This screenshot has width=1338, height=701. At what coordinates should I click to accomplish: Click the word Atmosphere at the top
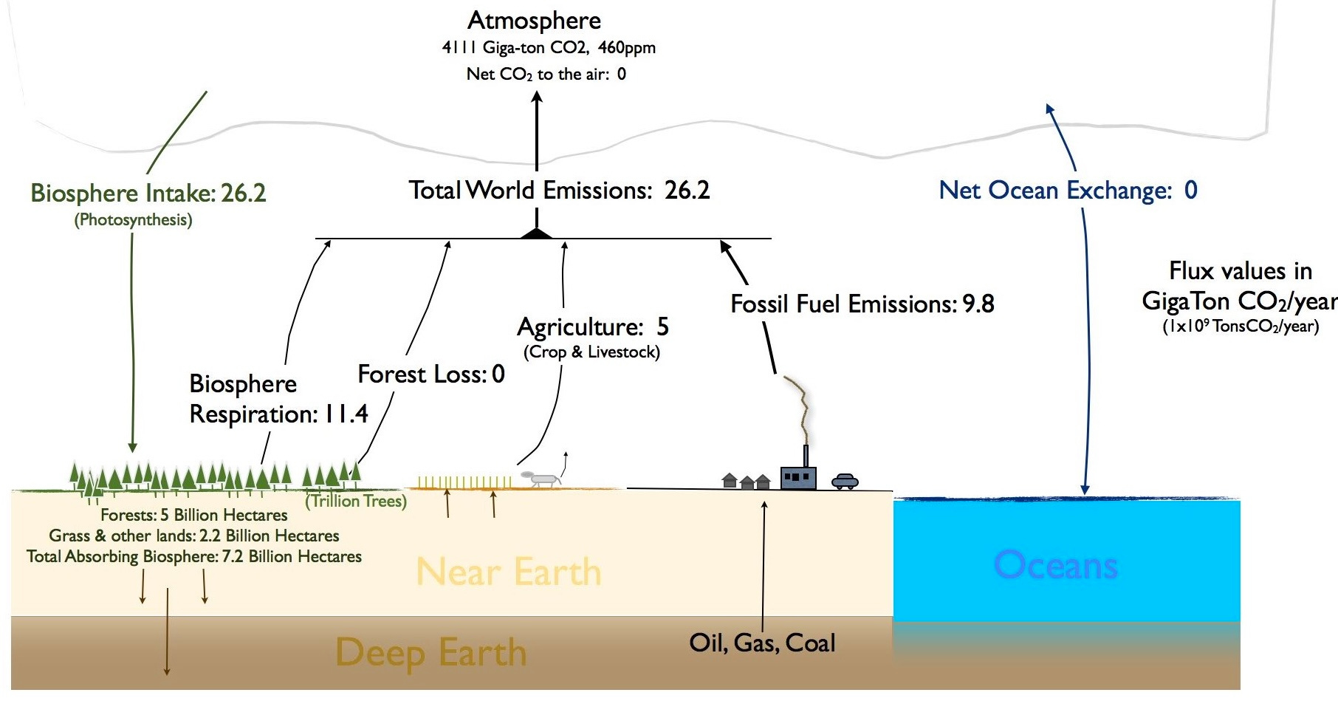tap(535, 21)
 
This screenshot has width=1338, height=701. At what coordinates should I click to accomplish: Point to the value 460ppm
tap(627, 48)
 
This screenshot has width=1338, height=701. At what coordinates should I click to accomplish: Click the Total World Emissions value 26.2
tap(687, 191)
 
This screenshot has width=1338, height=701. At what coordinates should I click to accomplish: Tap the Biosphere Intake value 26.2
tap(243, 194)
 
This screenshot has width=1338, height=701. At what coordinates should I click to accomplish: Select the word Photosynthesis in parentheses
tap(133, 220)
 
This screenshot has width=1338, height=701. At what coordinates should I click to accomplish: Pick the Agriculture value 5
tap(662, 326)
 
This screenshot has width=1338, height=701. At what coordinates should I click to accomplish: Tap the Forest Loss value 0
tap(498, 375)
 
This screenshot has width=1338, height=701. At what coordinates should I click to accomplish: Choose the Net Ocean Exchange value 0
tap(1190, 191)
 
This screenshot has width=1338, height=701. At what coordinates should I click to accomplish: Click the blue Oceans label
tap(1055, 566)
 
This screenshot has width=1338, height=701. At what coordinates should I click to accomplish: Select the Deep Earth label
tap(430, 653)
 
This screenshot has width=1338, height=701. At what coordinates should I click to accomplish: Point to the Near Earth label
tap(508, 572)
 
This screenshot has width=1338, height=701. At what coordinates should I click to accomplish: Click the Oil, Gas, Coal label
tap(762, 643)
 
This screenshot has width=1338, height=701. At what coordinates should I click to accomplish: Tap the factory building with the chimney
tap(798, 476)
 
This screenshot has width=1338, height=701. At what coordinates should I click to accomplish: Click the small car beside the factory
tap(845, 482)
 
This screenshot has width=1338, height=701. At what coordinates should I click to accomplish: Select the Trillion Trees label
tap(356, 501)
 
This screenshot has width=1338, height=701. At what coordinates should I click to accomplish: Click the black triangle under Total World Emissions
tap(537, 233)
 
